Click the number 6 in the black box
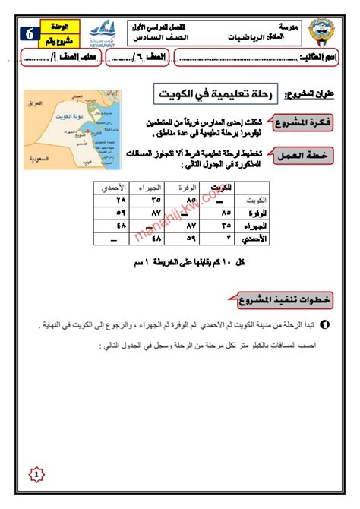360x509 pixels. pyautogui.click(x=29, y=33)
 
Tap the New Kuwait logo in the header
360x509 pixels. pyautogui.click(x=103, y=33)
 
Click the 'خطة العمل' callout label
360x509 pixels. pyautogui.click(x=302, y=153)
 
